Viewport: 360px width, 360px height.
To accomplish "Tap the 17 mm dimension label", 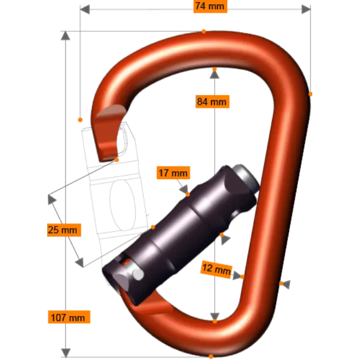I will [x=173, y=173].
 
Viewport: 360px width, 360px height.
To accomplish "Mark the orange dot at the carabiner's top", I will [x=204, y=31].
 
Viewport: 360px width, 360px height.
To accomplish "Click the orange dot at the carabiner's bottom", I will [x=211, y=357].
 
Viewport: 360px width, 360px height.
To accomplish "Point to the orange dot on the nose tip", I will [x=117, y=160].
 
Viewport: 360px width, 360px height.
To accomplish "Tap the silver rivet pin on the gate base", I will [x=138, y=274].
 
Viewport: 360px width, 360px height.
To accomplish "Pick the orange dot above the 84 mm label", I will [x=214, y=69].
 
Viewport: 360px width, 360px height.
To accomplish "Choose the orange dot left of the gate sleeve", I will [x=152, y=226].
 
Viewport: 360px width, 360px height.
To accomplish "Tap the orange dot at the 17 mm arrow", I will [x=187, y=194].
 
